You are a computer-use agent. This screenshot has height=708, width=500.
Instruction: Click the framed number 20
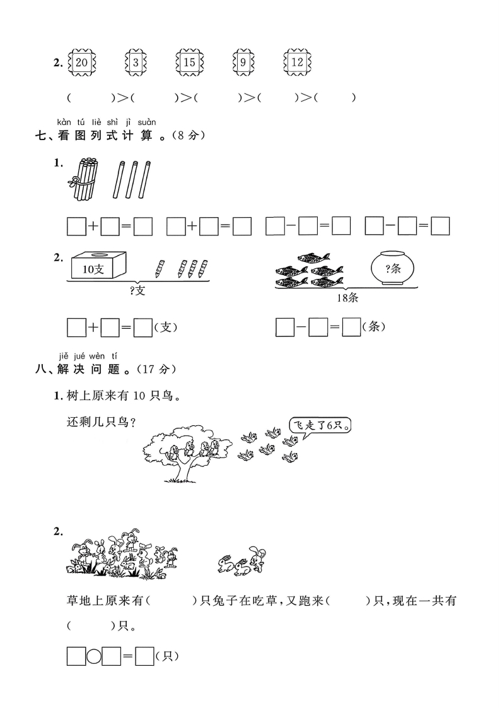[82, 62]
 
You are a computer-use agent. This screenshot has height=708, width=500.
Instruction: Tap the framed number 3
[136, 62]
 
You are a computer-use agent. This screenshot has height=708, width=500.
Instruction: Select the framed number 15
[190, 62]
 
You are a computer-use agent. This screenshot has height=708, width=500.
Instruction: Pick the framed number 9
[243, 62]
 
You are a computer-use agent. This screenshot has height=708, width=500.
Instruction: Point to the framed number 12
[298, 62]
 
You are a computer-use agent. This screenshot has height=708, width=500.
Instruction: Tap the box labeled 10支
[98, 266]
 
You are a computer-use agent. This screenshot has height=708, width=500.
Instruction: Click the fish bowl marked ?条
[392, 268]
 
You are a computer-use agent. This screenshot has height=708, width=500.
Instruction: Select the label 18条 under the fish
[347, 298]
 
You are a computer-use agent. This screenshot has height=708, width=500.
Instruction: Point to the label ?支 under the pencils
[137, 290]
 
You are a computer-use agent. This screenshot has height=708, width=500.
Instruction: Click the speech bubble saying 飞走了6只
[320, 426]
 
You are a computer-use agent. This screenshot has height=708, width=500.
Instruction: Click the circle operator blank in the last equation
[94, 656]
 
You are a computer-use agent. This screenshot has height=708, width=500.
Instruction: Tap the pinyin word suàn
[147, 122]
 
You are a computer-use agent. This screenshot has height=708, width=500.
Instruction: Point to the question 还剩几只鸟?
[102, 423]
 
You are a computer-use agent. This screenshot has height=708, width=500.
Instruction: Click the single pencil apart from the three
[160, 269]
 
